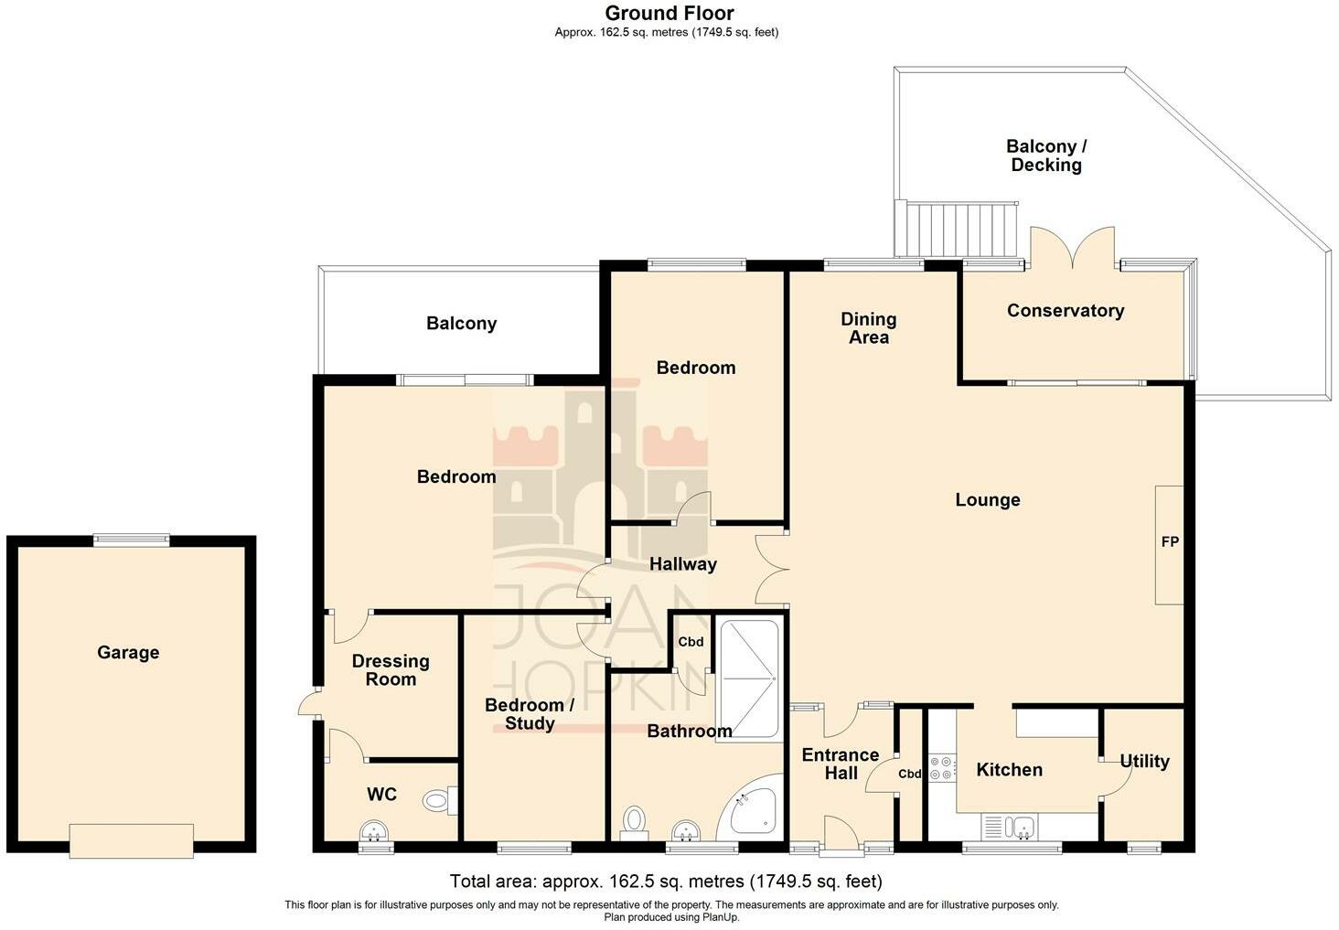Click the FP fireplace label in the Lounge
1170,541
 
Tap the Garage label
129,652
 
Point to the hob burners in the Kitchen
942,768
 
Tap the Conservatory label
1066,310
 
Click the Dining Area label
869,328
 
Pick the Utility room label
1144,762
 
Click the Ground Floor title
669,13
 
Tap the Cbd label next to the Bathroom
691,642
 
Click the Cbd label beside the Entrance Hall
909,774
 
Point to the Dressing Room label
391,670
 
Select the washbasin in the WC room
375,831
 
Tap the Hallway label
682,564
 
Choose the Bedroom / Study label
529,714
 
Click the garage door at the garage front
131,841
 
